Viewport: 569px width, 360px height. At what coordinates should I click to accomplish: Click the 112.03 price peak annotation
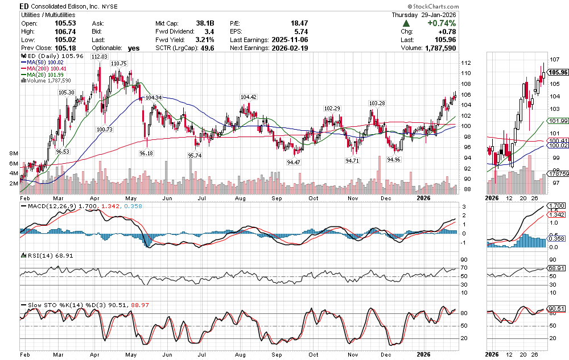pos(99,57)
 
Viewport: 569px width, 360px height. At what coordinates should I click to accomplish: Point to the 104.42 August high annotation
pos(249,97)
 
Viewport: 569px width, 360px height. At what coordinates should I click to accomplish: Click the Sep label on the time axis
pos(278,198)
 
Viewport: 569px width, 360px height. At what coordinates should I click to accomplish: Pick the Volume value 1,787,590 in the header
pos(441,48)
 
